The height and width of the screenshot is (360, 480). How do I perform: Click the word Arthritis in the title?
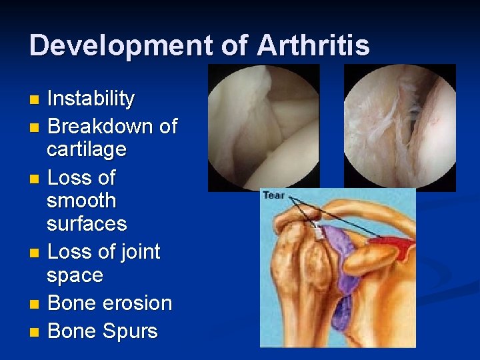click(313, 45)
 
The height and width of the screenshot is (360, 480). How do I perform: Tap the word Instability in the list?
click(91, 99)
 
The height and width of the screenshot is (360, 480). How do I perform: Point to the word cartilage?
click(86, 149)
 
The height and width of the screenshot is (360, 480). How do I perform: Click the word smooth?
click(81, 201)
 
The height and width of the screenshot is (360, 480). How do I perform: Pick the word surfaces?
click(87, 224)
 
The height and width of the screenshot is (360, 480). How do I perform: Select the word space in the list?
click(75, 275)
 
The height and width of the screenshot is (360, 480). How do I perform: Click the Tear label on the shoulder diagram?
click(273, 195)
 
